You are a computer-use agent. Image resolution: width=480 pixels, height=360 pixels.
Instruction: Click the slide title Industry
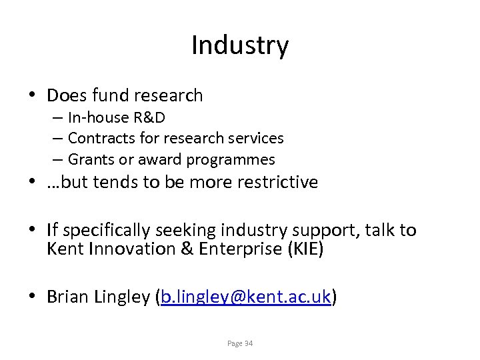click(240, 45)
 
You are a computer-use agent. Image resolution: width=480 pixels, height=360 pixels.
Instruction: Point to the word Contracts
click(97, 139)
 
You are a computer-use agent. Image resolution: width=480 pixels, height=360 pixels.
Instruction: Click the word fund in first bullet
click(111, 96)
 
